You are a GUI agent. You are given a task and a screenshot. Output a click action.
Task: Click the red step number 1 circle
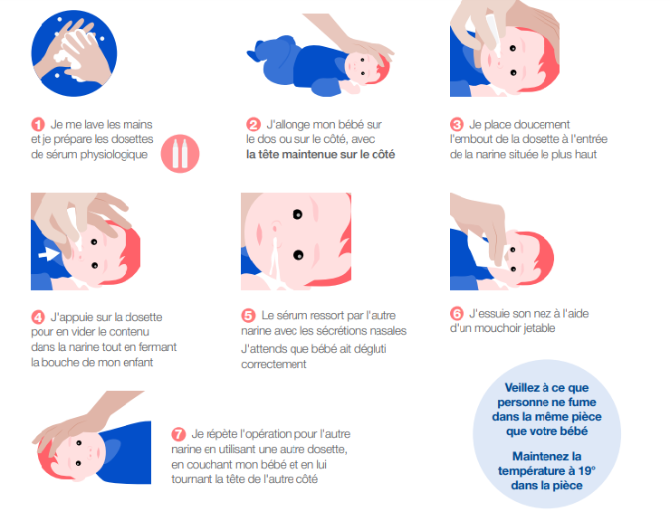(x=38, y=124)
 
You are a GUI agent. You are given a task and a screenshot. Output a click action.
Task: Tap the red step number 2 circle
(x=254, y=124)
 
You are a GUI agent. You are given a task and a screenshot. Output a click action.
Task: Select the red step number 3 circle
(x=457, y=124)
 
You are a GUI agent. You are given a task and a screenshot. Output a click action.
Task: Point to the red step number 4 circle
(x=38, y=317)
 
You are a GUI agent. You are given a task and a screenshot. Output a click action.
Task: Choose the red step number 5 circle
(x=248, y=316)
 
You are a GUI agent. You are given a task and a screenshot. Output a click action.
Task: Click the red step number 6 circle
(x=457, y=314)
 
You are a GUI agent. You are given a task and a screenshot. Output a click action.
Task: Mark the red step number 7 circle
(x=178, y=434)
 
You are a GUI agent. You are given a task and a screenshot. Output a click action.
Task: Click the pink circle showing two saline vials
(x=180, y=154)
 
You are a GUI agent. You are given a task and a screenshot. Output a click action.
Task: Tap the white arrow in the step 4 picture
(x=48, y=254)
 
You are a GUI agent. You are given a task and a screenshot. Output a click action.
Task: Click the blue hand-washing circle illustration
(x=74, y=53)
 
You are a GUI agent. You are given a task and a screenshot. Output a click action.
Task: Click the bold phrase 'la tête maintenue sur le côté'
(x=321, y=155)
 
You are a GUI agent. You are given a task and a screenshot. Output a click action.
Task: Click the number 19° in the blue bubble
(x=587, y=470)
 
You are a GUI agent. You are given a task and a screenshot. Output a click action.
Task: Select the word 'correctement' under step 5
(x=274, y=365)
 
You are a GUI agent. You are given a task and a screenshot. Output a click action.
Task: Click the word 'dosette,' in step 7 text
(x=328, y=450)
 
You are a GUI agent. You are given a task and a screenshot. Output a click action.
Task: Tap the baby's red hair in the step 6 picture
(x=541, y=256)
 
